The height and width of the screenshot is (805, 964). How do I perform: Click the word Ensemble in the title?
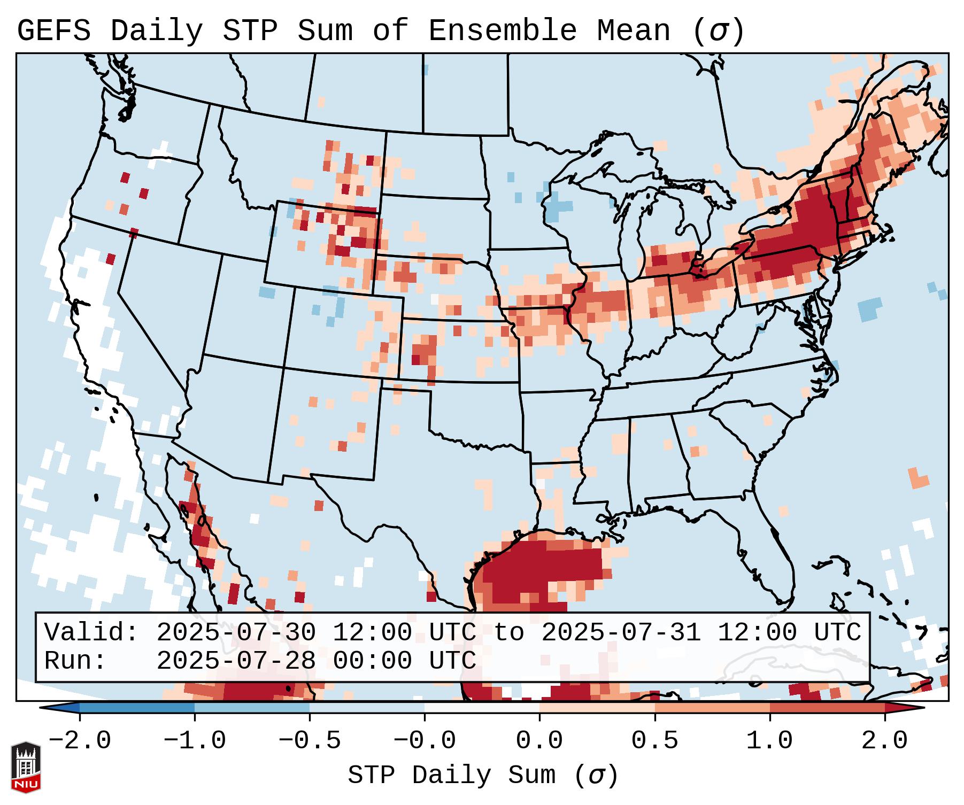(x=502, y=31)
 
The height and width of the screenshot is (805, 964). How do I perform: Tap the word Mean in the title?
(x=633, y=31)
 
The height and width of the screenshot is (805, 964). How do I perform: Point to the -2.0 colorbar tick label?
(x=80, y=741)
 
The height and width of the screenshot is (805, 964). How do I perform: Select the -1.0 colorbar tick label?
(x=195, y=741)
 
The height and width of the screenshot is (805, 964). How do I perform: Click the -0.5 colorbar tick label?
(x=310, y=741)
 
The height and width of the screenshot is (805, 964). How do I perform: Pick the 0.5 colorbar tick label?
(x=655, y=741)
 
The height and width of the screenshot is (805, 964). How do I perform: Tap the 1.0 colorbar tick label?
(x=770, y=741)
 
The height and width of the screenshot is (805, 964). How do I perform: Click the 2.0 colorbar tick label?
(x=885, y=741)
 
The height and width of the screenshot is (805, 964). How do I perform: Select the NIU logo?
(x=26, y=767)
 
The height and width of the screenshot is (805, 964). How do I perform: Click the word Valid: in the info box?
(x=91, y=633)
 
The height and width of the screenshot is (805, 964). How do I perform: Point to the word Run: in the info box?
(x=75, y=661)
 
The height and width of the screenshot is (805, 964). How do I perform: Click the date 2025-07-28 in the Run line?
(x=236, y=661)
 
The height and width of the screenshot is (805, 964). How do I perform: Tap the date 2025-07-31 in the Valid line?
(x=621, y=633)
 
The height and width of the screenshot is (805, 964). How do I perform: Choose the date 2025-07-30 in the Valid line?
(x=236, y=633)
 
